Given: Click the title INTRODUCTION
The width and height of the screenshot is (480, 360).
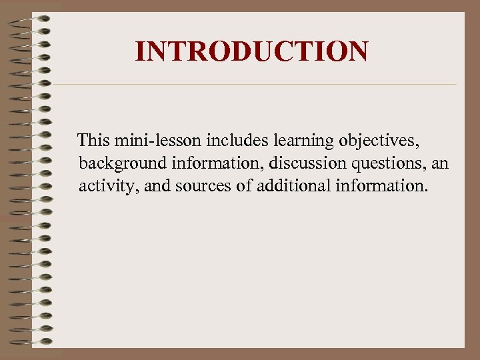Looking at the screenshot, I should tap(251, 51).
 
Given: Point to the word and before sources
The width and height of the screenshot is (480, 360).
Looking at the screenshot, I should tap(155, 185).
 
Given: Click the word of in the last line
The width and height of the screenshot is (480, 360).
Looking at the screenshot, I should tap(243, 185).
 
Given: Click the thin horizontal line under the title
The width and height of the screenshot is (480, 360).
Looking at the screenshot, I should tap(253, 85).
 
